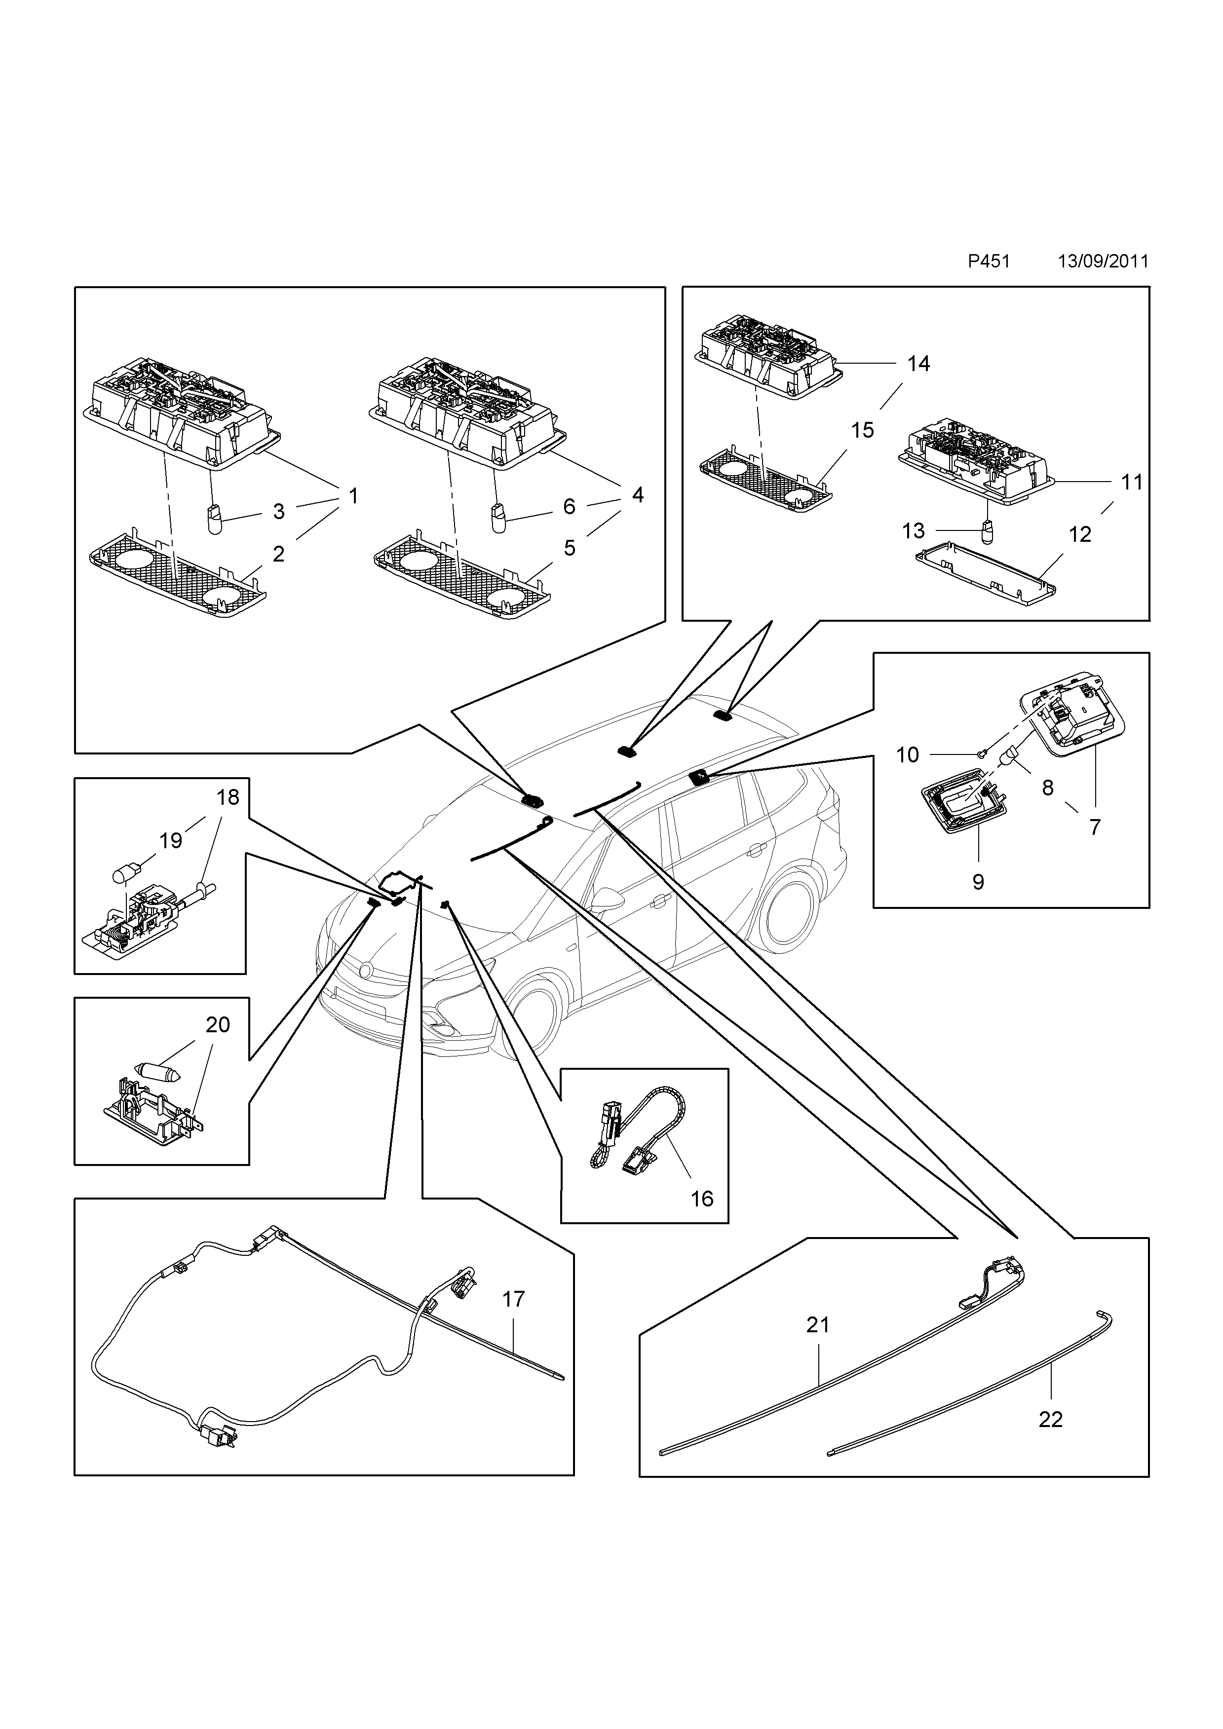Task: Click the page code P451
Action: point(988,262)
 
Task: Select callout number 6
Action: point(570,507)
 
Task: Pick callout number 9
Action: point(978,882)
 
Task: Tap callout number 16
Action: point(702,1199)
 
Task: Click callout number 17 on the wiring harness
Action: point(514,1299)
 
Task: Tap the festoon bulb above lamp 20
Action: point(157,1072)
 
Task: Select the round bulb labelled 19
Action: point(123,875)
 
